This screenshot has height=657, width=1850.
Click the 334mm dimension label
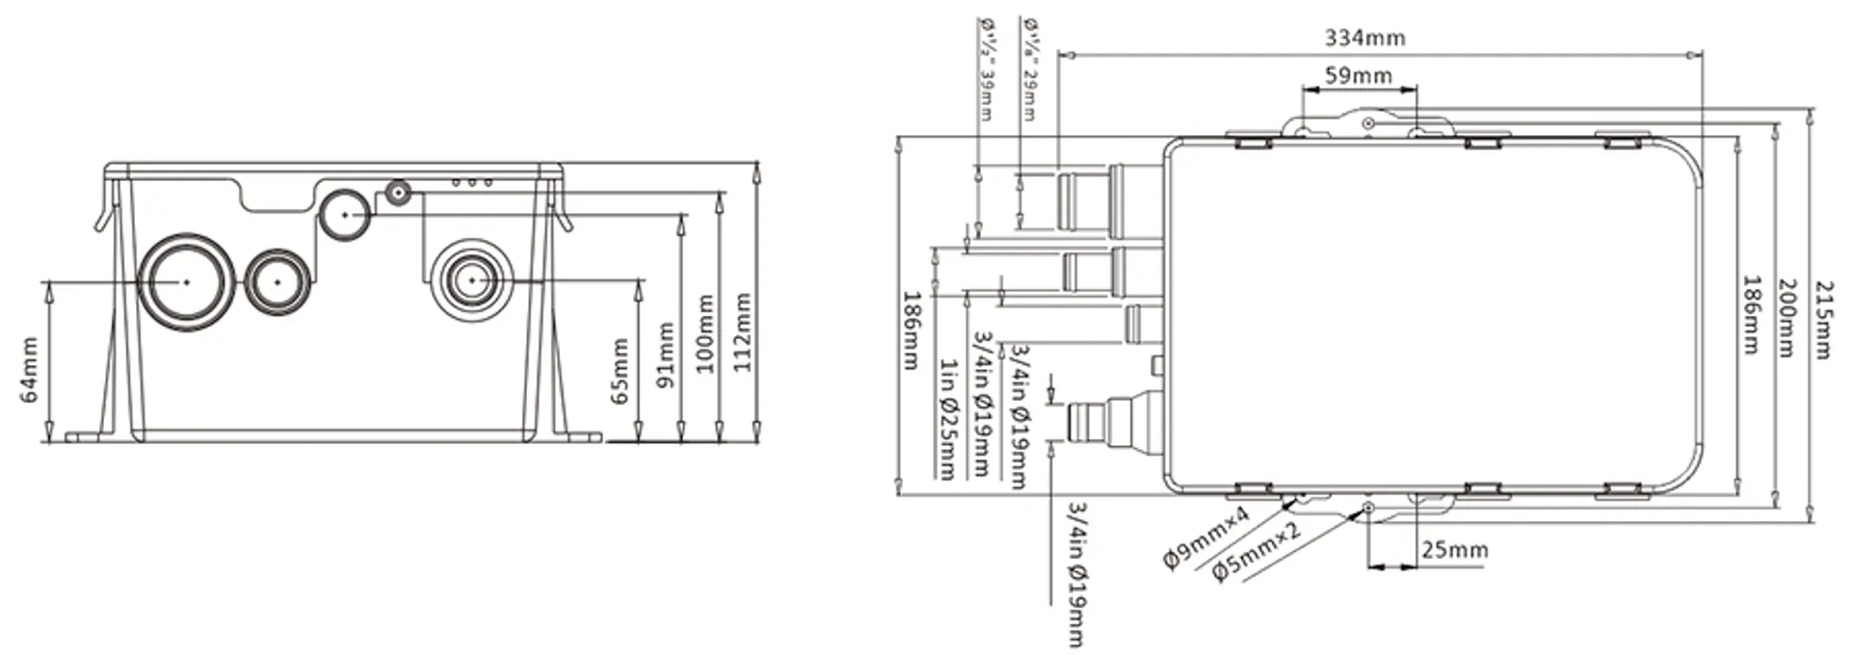click(x=1364, y=38)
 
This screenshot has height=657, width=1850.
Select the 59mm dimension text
click(x=1358, y=75)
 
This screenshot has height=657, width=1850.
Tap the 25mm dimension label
click(x=1454, y=550)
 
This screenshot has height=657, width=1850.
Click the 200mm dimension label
click(x=1785, y=318)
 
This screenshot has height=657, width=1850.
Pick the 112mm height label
click(x=742, y=334)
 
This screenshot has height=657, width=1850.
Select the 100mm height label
click(x=705, y=334)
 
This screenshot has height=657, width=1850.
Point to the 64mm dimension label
click(x=29, y=370)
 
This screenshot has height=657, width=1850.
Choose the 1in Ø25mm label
click(x=949, y=419)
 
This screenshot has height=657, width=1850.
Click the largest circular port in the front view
click(x=186, y=281)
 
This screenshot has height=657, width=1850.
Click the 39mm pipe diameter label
click(x=987, y=67)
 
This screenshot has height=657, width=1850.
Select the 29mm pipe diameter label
click(x=1029, y=67)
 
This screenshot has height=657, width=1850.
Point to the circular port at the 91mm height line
click(x=344, y=214)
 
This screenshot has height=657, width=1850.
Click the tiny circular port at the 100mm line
click(x=397, y=193)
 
